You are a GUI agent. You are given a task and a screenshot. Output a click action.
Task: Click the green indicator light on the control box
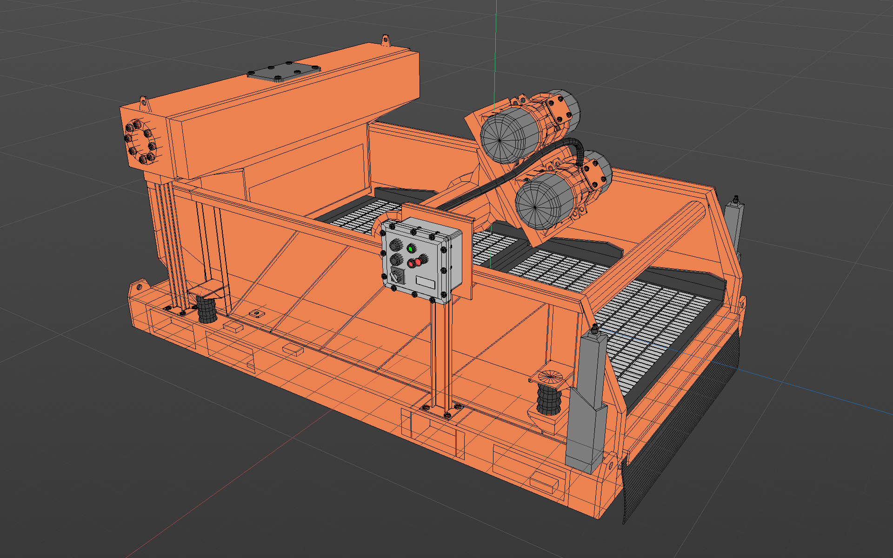click(x=411, y=249)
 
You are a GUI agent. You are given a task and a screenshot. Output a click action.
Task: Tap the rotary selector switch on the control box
click(x=397, y=276)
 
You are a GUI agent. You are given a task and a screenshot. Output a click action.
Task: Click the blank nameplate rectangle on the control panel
click(x=425, y=282)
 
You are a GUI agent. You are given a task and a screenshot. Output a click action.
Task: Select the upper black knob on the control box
click(x=396, y=245)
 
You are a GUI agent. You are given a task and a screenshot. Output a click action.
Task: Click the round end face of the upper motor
click(x=500, y=139)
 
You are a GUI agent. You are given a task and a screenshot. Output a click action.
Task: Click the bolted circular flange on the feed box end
click(x=140, y=142)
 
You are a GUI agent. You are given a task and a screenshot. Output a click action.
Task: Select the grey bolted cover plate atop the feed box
click(x=284, y=72)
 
